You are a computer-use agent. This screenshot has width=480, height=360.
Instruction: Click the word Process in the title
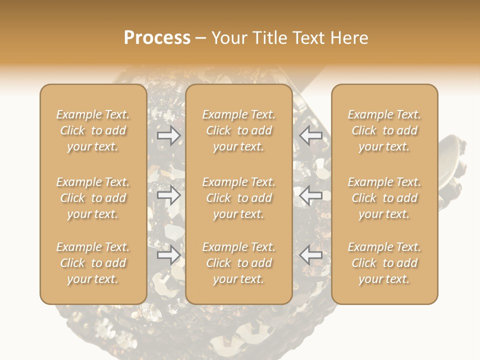[157, 38]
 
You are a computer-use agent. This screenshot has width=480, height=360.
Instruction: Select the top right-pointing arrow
[168, 135]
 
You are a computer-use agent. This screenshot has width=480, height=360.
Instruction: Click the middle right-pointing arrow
[168, 195]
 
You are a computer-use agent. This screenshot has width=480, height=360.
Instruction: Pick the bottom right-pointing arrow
[168, 255]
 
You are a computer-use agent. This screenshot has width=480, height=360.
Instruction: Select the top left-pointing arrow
[311, 135]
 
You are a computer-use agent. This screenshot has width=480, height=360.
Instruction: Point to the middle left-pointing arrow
[311, 195]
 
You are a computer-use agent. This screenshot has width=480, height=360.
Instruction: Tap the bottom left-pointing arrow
[311, 255]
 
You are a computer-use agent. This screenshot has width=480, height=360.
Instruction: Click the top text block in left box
[93, 130]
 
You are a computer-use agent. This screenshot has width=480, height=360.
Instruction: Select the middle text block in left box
[93, 198]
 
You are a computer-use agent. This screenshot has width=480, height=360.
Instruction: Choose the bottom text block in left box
[93, 263]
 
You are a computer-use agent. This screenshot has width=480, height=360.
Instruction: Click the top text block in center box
[238, 130]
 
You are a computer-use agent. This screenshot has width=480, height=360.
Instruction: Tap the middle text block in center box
[238, 198]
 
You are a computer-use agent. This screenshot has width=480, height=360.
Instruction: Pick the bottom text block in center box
[238, 263]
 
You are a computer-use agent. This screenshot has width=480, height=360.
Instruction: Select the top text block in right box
[384, 130]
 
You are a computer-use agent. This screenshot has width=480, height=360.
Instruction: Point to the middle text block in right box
[384, 198]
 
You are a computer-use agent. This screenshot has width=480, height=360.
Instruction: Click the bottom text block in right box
[384, 263]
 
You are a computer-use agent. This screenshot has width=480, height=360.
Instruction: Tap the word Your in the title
[228, 38]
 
